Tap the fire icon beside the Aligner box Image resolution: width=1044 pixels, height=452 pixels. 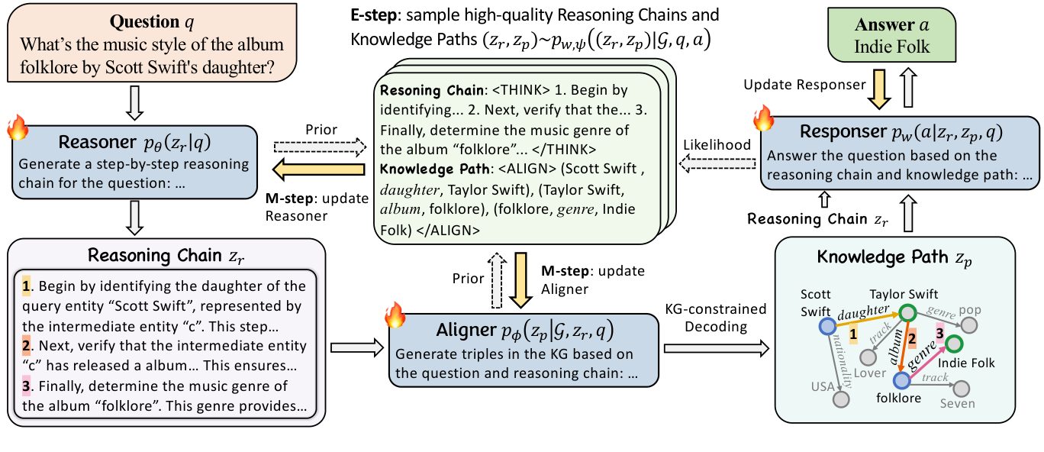point(394,312)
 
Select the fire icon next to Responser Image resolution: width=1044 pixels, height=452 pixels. point(765,118)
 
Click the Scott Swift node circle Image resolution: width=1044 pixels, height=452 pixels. point(826,326)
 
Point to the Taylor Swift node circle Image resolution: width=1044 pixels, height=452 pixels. point(907,313)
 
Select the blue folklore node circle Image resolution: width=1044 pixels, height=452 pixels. point(902,379)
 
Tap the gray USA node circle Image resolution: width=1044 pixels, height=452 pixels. point(842,398)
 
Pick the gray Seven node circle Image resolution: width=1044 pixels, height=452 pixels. point(959,387)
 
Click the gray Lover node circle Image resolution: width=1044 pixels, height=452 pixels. point(868,356)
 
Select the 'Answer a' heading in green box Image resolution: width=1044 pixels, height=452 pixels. point(902,24)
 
